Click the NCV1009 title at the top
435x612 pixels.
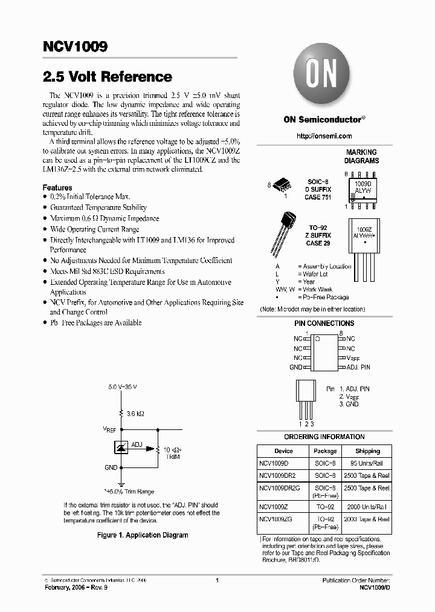[75, 48]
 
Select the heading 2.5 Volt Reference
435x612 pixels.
[108, 77]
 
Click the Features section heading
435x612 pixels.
[57, 188]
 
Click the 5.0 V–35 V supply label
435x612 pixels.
[123, 386]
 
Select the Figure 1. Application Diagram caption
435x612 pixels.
[143, 535]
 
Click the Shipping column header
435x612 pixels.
[367, 451]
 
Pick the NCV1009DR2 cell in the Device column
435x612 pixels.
[278, 476]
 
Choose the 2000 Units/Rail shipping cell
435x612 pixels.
[367, 507]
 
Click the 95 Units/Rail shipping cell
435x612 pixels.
[367, 463]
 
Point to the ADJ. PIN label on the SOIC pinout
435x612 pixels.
[358, 367]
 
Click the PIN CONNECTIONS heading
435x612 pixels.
[324, 324]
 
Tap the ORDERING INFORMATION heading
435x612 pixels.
[324, 437]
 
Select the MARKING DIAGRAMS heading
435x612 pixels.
[361, 157]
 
